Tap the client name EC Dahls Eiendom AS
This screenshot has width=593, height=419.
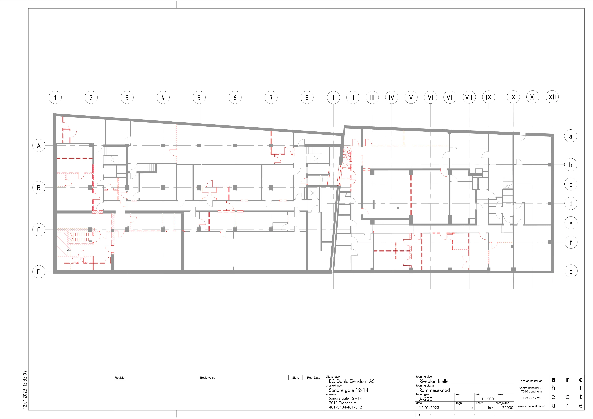(x=352, y=381)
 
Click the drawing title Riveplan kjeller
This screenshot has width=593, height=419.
(x=435, y=381)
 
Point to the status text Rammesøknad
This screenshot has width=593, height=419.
(x=434, y=390)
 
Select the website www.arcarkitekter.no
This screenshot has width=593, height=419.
(x=531, y=406)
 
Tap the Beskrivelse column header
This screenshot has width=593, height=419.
(x=208, y=377)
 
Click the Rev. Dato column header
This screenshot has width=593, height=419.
(x=314, y=377)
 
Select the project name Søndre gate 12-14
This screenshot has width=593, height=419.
(x=348, y=390)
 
